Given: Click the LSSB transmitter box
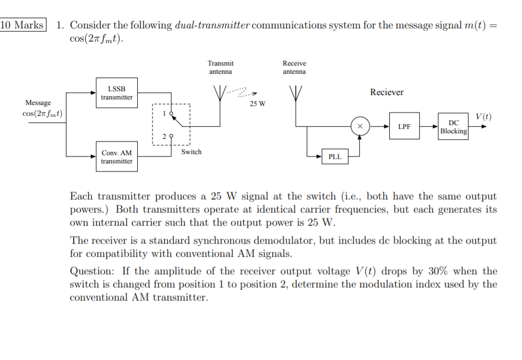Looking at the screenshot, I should (x=116, y=93).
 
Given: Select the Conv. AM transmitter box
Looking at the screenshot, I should (x=116, y=157).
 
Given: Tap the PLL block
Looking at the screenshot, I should (x=335, y=157).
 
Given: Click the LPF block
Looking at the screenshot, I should (x=404, y=126).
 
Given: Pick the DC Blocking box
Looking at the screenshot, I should (x=453, y=127).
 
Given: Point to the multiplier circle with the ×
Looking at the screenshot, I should (x=359, y=126).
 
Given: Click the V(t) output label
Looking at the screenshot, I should (x=483, y=116).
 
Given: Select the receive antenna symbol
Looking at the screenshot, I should (x=295, y=93).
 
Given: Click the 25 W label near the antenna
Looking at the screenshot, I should (x=257, y=104).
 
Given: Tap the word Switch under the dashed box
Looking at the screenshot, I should (x=191, y=152).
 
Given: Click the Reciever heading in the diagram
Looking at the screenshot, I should (x=386, y=92).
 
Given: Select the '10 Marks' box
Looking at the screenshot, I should (x=22, y=25).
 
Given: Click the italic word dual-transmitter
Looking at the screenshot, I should (x=213, y=25).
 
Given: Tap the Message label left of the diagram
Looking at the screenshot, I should (x=38, y=103).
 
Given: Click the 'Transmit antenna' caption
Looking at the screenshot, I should (x=220, y=67).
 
